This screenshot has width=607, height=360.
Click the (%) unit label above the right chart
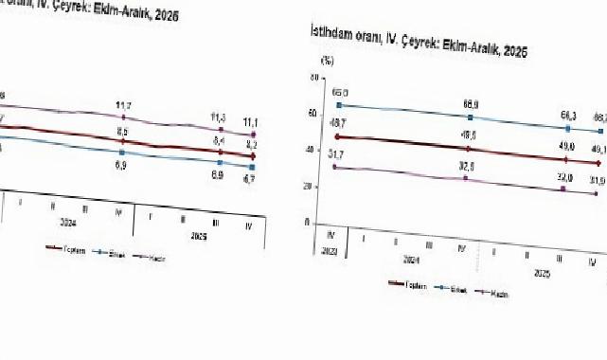click(329, 60)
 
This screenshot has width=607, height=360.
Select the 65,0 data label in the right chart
click(340, 93)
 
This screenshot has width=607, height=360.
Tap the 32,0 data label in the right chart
click(565, 177)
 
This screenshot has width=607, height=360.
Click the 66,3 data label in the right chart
click(568, 116)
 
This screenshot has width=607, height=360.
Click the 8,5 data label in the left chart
click(123, 131)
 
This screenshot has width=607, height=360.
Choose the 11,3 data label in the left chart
click(219, 117)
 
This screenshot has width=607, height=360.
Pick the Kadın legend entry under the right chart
click(501, 293)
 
